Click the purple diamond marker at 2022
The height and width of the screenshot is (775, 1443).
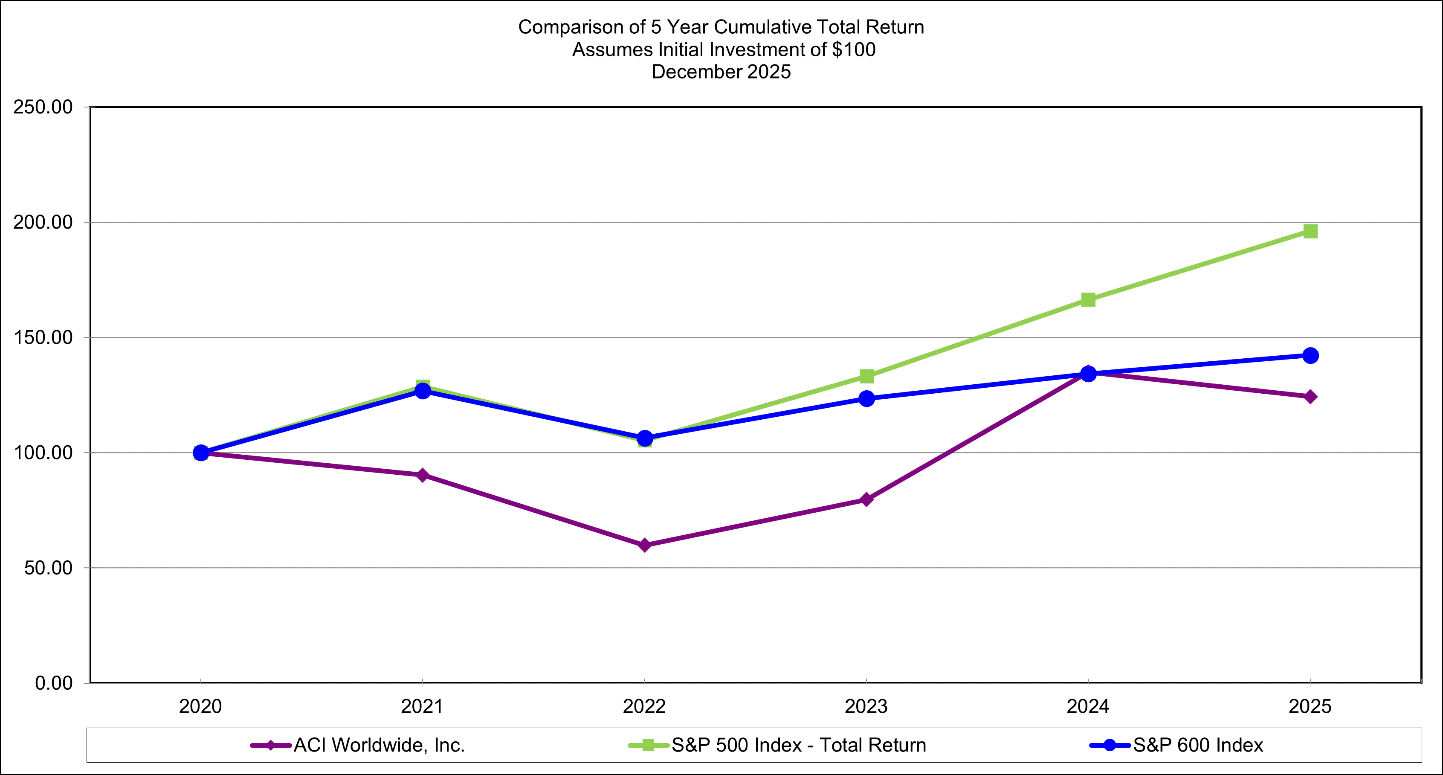[x=644, y=545]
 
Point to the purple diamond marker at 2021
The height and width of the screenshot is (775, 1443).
[x=423, y=475]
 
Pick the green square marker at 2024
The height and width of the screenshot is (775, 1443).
[x=1088, y=300]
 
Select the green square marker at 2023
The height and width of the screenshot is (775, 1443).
[x=866, y=376]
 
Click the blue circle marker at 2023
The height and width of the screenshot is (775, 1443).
[x=866, y=398]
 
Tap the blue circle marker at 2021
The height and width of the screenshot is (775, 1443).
[x=423, y=391]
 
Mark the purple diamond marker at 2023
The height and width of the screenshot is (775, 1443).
[x=866, y=499]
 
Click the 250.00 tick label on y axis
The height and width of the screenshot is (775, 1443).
[x=43, y=107]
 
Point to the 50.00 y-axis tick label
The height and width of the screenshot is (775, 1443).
[x=49, y=568]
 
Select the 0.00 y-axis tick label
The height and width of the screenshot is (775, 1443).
[x=54, y=683]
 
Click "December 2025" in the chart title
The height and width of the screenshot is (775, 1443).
[x=721, y=72]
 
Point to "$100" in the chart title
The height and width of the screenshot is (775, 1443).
[x=853, y=49]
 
